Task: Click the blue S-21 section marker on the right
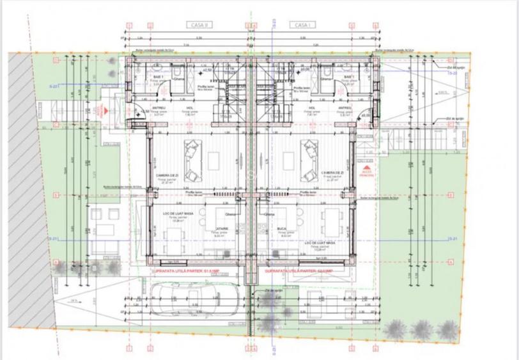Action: (x=452, y=239)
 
